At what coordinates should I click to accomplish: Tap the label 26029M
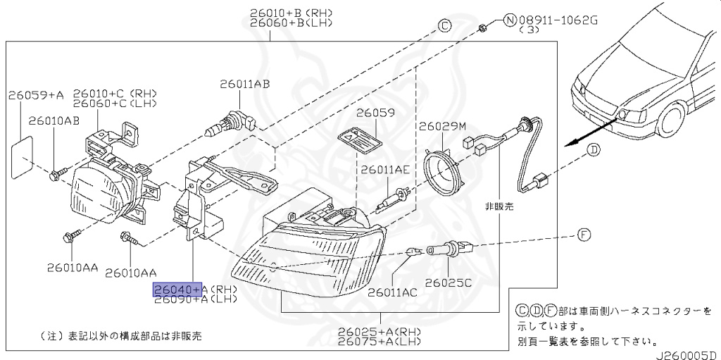click(x=443, y=127)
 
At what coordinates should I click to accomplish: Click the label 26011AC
click(x=391, y=292)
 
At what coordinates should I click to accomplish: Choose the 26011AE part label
click(x=384, y=169)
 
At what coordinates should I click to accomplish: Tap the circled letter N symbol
click(x=510, y=20)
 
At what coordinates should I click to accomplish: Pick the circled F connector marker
click(x=584, y=235)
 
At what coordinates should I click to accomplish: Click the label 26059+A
click(x=36, y=94)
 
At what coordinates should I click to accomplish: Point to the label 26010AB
click(x=54, y=120)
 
